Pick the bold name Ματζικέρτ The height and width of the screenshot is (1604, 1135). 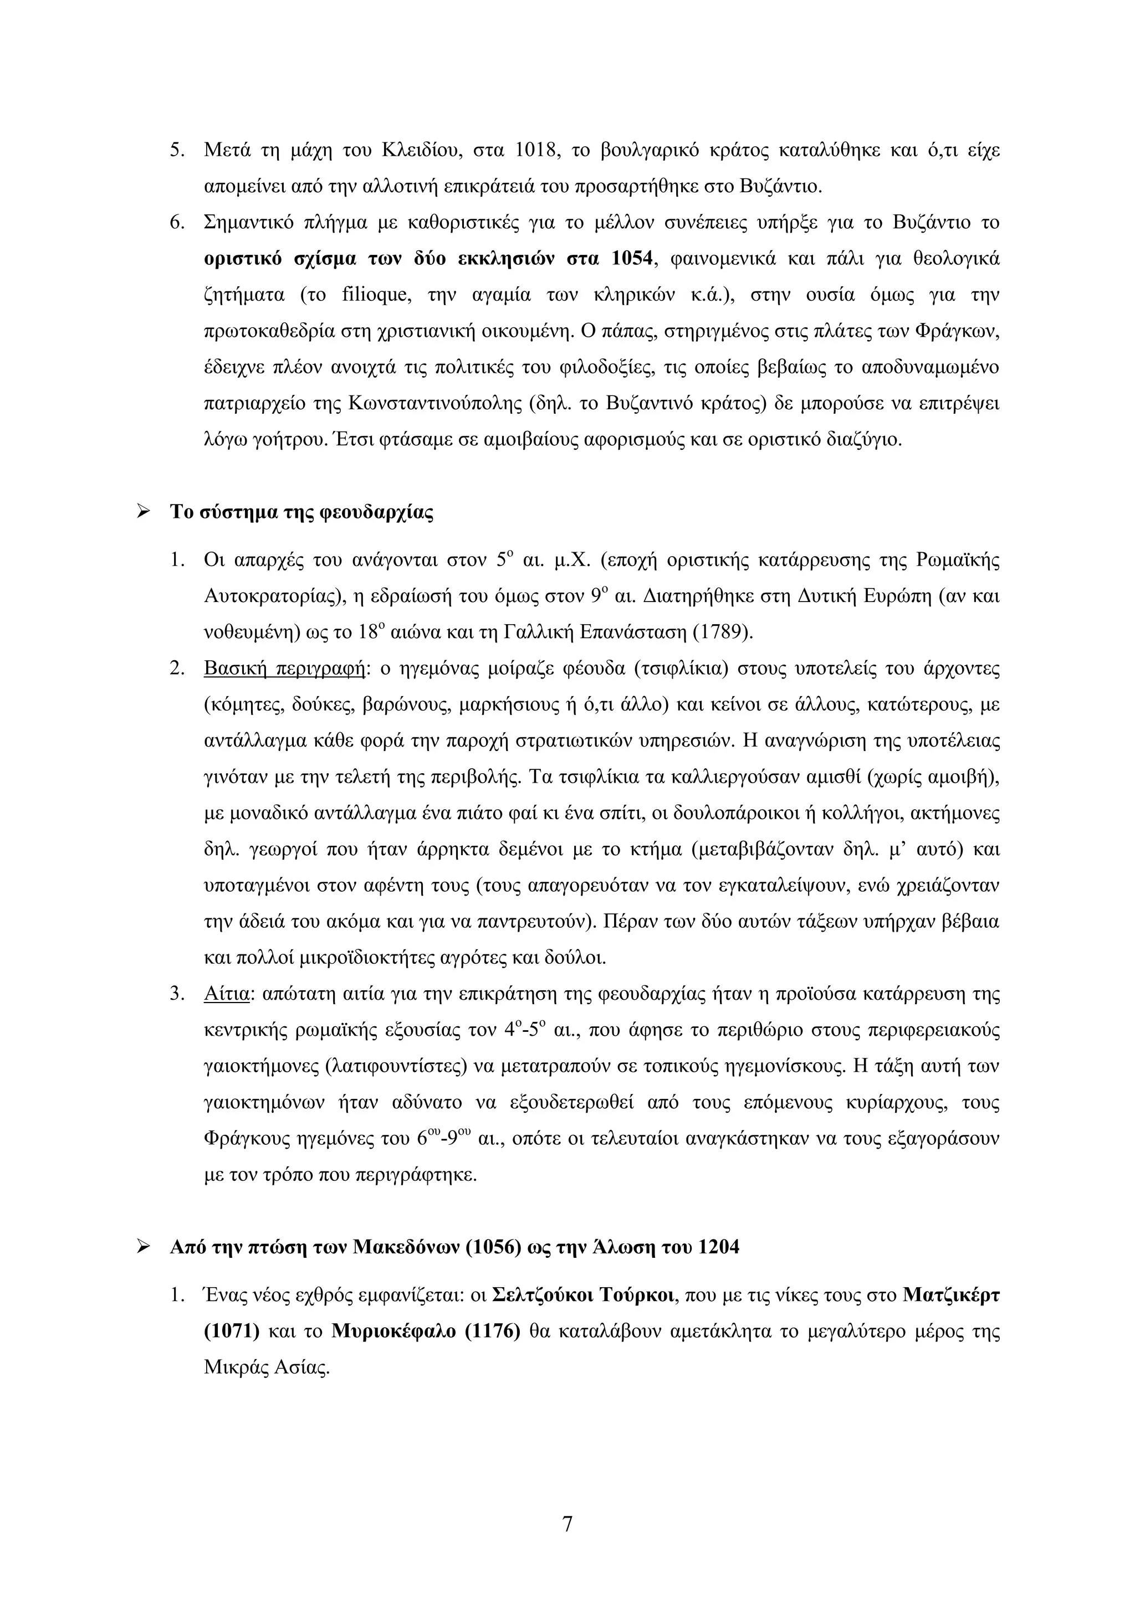pos(950,1295)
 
